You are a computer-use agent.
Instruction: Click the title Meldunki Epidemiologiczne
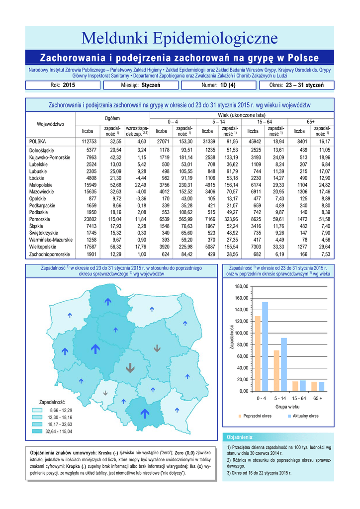180,38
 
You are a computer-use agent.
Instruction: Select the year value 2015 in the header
69,85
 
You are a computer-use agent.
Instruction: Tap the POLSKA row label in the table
38,141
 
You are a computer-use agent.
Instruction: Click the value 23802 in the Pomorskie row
88,219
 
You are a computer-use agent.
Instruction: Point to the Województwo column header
50,124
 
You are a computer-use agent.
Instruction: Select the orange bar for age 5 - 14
276,370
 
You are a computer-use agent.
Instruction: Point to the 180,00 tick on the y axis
242,287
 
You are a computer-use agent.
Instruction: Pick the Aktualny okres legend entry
305,416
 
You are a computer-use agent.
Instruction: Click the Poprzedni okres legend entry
257,416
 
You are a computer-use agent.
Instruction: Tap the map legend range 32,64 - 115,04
59,431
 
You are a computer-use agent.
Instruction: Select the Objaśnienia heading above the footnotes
242,437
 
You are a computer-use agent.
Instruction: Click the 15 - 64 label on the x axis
299,399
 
